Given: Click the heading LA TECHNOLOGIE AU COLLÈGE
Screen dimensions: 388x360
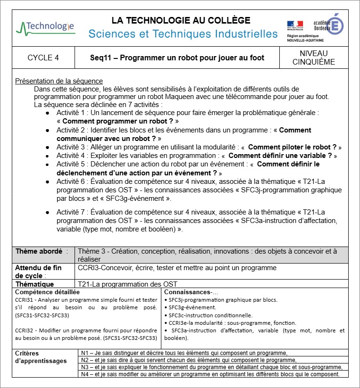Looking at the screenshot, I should (181, 20).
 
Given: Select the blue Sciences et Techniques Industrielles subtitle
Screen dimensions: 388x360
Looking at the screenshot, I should (183, 34).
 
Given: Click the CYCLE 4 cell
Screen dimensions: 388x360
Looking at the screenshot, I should (43, 58).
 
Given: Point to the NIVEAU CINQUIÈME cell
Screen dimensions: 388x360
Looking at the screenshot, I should (314, 58).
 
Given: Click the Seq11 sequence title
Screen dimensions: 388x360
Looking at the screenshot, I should (177, 58).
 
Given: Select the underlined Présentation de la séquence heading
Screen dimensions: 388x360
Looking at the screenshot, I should (59, 81).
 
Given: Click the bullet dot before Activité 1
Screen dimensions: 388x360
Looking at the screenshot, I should (48, 113).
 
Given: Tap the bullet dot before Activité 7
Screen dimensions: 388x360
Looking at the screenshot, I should (48, 213).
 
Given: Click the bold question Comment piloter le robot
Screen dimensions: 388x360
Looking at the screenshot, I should (293, 147).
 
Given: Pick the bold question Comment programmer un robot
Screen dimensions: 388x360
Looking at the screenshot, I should (118, 121).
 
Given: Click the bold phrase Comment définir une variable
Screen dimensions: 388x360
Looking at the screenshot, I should (282, 156).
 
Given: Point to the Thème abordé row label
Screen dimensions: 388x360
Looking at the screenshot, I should (41, 251).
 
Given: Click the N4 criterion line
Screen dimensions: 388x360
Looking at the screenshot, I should (210, 374).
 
